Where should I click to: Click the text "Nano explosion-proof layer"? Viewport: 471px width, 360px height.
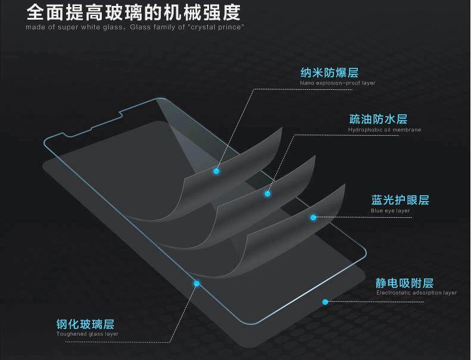338,83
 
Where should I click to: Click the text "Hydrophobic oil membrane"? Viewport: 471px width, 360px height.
384,130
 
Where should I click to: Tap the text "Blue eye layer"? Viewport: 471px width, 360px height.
390,211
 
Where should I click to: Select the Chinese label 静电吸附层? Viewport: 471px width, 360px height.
404,283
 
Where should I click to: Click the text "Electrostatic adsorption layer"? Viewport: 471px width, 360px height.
416,293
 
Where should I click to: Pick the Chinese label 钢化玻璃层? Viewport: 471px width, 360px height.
85,324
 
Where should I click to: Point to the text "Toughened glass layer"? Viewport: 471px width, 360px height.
87,334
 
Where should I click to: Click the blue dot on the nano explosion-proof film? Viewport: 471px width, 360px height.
216,171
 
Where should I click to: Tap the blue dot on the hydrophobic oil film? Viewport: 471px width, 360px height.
267,193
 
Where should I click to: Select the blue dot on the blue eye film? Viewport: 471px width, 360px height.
313,218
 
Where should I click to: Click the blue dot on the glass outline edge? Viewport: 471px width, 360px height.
196,284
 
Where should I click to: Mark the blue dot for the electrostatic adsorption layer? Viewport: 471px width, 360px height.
325,302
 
